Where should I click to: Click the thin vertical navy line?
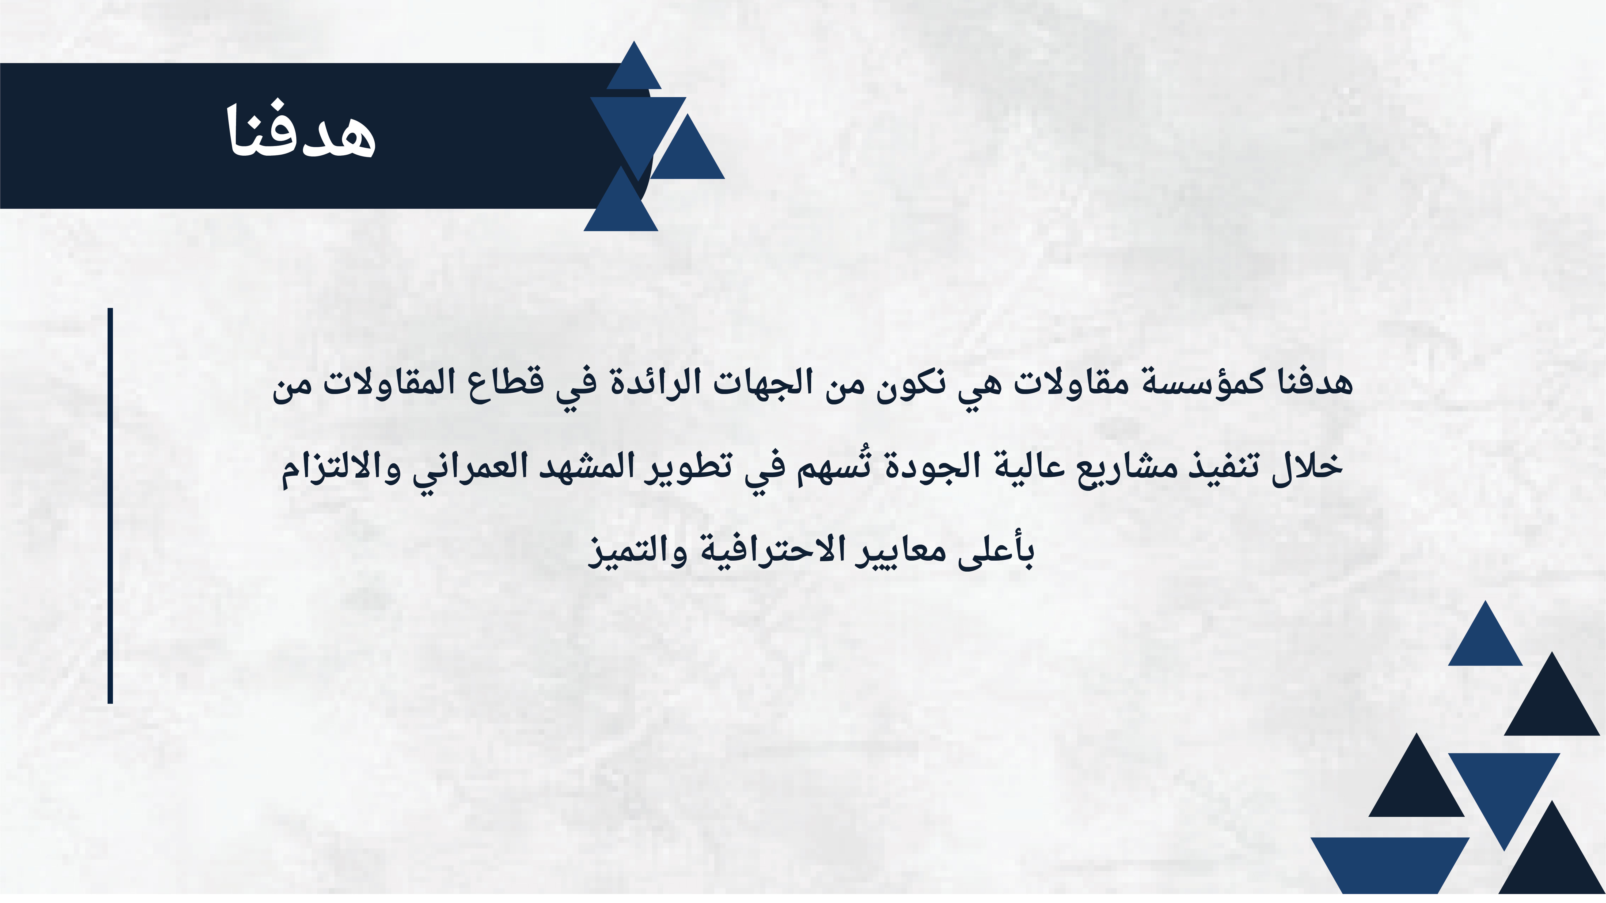pyautogui.click(x=110, y=506)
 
